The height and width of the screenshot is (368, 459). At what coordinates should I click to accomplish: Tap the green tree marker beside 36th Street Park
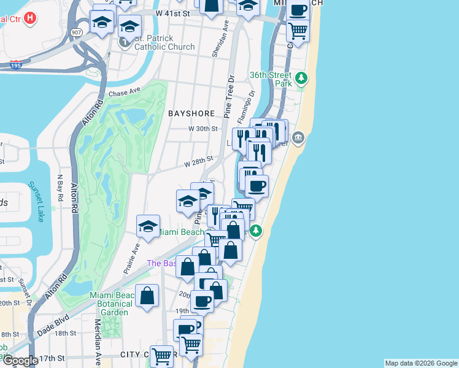(301, 79)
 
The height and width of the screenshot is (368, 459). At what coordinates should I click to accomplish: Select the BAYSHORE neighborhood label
(191, 113)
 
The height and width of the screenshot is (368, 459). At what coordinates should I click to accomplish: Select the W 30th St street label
(203, 129)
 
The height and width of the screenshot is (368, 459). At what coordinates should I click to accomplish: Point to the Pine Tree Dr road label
(230, 97)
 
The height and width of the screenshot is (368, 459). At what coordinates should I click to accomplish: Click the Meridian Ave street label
(98, 348)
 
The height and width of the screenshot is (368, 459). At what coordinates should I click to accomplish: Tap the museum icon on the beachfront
(298, 137)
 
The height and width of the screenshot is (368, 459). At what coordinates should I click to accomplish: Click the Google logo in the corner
(20, 361)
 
